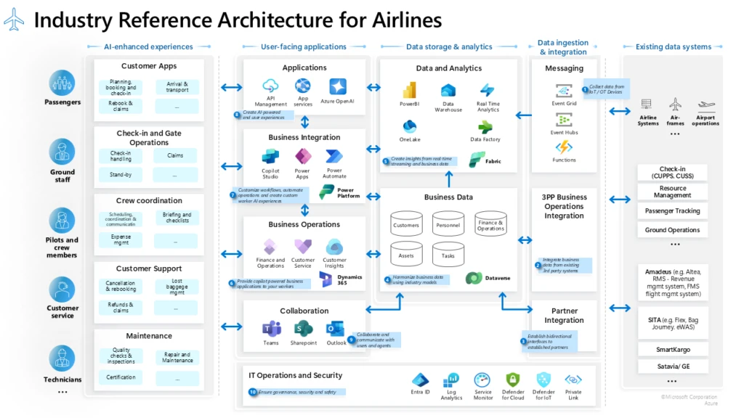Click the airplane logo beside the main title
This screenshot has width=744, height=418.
(x=14, y=19)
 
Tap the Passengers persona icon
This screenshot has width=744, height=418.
(x=62, y=83)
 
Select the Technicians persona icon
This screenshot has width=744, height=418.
(x=62, y=359)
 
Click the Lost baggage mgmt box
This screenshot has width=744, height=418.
(x=177, y=287)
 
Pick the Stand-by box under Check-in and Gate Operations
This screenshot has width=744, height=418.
(x=121, y=174)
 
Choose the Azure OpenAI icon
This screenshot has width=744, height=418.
(x=338, y=86)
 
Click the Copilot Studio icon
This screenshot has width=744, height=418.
(x=270, y=156)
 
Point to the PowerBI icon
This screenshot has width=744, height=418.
(x=409, y=90)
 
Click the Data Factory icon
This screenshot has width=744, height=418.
(x=486, y=126)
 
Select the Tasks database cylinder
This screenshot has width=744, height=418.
(x=448, y=255)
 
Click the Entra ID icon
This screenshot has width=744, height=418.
(x=420, y=380)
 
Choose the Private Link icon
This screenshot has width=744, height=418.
(x=573, y=380)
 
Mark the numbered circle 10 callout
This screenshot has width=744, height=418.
(x=253, y=392)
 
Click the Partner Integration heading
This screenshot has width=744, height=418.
(x=564, y=316)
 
